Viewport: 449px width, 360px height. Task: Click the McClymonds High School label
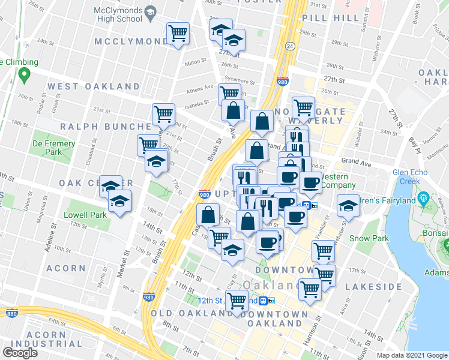(118, 14)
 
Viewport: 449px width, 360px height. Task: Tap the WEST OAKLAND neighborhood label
(94, 86)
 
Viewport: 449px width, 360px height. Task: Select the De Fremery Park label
(54, 148)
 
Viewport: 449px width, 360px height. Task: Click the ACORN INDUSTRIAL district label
(41, 339)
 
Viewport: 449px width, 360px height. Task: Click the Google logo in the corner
(20, 353)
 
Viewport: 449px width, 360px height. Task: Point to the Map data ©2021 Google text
(411, 355)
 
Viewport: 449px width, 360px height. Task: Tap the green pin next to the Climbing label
(24, 75)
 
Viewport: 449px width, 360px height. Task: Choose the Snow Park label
(366, 238)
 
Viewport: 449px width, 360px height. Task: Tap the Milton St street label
(196, 62)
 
